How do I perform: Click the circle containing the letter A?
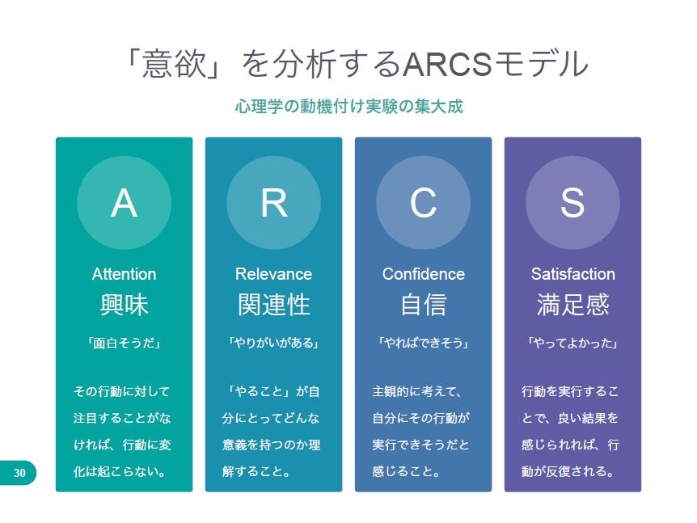[x=124, y=203]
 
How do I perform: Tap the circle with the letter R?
[x=274, y=203]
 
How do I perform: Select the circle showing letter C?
[x=423, y=203]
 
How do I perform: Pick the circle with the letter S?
[x=572, y=203]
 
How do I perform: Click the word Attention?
[x=124, y=274]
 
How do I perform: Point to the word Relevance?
[x=273, y=274]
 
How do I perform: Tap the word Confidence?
[x=423, y=274]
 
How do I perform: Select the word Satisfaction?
[x=573, y=274]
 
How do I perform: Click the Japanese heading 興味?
[x=124, y=305]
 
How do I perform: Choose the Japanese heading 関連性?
[x=274, y=305]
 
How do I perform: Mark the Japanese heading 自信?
[x=423, y=305]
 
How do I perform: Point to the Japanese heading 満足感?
[x=573, y=305]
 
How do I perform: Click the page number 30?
[x=19, y=473]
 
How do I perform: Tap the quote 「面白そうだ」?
[x=124, y=343]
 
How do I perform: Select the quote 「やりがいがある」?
[x=274, y=343]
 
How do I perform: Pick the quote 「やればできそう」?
[x=423, y=343]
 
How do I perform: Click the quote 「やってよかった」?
[x=573, y=343]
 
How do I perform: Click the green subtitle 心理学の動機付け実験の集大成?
[x=349, y=107]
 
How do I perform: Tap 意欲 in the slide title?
[x=175, y=65]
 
